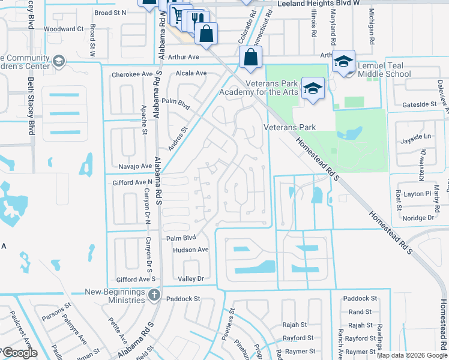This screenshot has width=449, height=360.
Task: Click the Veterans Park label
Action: tap(290, 128)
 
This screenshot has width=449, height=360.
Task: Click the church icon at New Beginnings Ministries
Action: tap(154, 294)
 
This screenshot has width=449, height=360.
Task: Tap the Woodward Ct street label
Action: tap(63, 29)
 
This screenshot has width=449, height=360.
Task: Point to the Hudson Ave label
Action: tap(190, 250)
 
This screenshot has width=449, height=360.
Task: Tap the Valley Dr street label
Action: tap(191, 279)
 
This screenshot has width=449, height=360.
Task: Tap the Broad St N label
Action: tap(111, 12)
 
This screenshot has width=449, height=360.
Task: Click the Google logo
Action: tap(20, 353)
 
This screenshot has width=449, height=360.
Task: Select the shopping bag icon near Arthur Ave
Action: tap(252, 58)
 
